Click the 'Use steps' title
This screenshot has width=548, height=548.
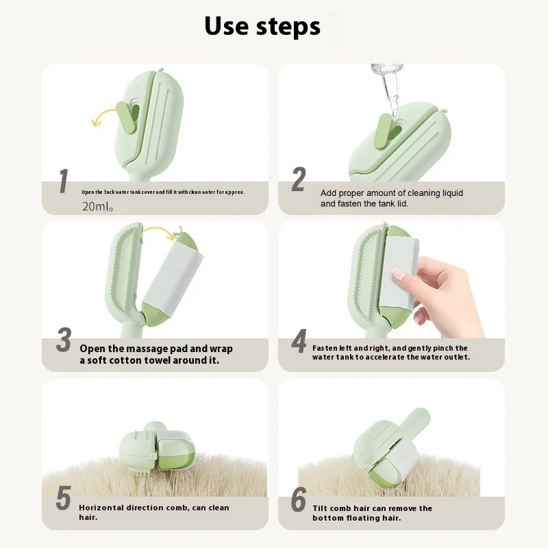(262, 26)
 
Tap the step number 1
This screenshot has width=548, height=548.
(63, 181)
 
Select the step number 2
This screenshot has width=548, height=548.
(299, 179)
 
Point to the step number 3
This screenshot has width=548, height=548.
(64, 339)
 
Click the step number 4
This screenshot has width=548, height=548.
(299, 341)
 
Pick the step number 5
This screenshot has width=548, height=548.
(63, 498)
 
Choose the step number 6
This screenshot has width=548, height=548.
(299, 499)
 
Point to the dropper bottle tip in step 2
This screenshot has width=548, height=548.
(395, 112)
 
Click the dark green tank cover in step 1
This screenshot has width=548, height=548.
(125, 118)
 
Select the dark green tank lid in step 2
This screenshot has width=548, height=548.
(384, 131)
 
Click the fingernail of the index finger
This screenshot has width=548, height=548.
(399, 276)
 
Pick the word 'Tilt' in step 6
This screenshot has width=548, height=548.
(320, 508)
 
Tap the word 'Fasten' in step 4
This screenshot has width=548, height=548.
(324, 348)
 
